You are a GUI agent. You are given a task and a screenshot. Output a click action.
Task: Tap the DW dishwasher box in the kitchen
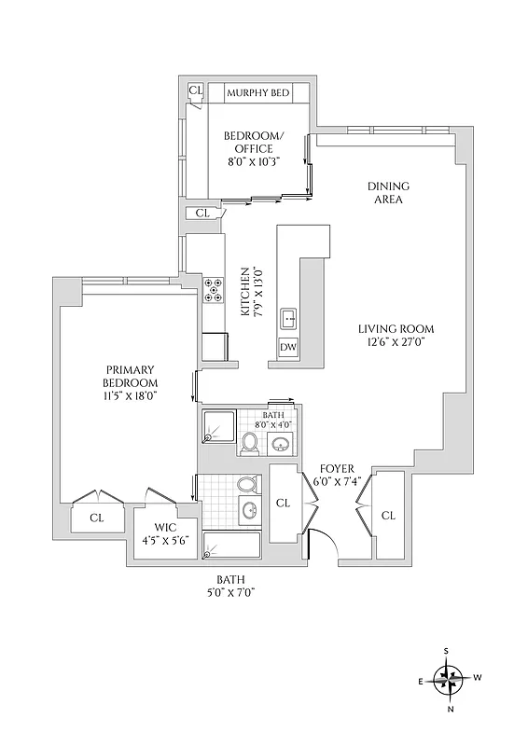[x=288, y=348]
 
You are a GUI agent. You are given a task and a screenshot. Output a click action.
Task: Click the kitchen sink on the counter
[x=289, y=320]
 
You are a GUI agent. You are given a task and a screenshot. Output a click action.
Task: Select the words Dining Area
[x=388, y=193]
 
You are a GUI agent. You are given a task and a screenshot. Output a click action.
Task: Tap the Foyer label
[x=337, y=468]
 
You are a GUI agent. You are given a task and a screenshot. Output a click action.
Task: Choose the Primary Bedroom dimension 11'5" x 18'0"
[x=131, y=395]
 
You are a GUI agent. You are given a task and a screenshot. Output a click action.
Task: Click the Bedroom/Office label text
[x=248, y=143]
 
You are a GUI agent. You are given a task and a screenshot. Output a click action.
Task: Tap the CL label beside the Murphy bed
[x=195, y=90]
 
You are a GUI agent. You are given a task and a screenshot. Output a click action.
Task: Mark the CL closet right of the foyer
[x=388, y=516]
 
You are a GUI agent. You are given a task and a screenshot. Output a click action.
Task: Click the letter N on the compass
[x=451, y=709]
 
